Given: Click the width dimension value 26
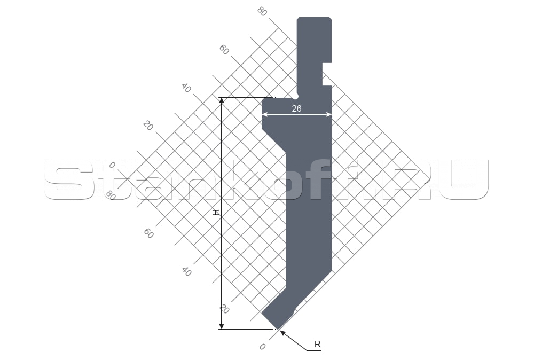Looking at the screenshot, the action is [296, 108].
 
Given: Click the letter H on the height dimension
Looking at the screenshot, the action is [215, 213].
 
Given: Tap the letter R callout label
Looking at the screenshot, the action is [317, 344].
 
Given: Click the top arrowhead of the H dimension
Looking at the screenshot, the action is [222, 100].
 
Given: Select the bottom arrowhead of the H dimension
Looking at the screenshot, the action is [222, 326].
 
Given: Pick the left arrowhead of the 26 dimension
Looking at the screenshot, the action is [265, 115].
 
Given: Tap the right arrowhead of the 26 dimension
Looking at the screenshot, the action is [329, 115].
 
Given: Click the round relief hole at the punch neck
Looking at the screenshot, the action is [296, 96].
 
